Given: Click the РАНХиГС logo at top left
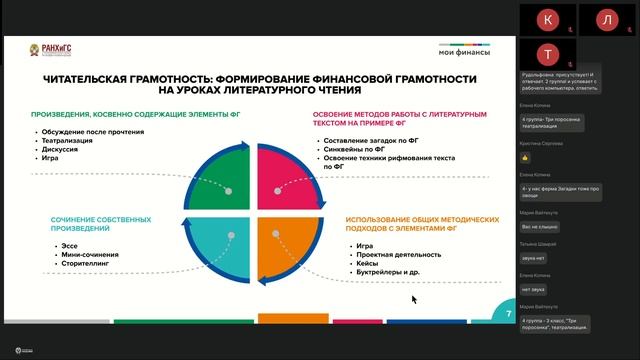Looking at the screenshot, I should [x=47, y=51].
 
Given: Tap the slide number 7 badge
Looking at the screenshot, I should [x=509, y=313].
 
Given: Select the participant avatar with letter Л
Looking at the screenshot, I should [x=606, y=20].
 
